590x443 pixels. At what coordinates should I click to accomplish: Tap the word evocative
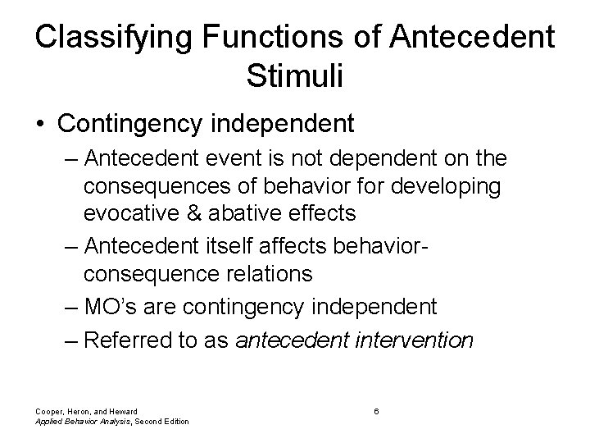141,213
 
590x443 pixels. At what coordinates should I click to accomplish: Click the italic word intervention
411,340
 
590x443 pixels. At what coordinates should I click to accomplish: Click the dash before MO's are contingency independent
72,307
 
